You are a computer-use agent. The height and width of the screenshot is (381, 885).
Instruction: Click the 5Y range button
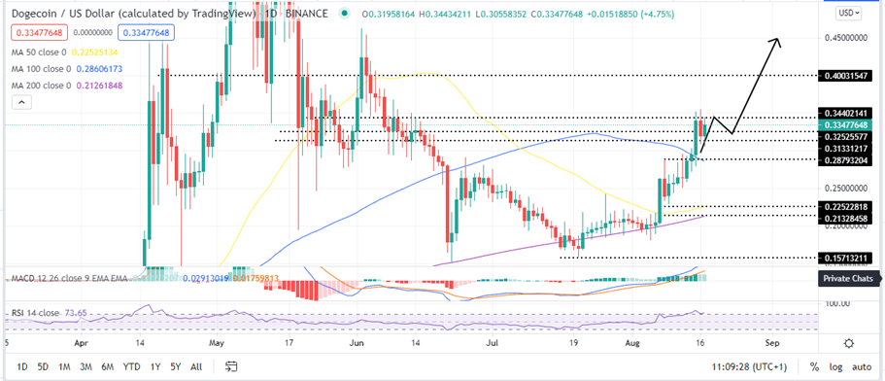tap(175, 366)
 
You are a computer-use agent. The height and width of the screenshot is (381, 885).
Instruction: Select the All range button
tap(196, 366)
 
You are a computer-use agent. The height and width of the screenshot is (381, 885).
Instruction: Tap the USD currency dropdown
tap(848, 14)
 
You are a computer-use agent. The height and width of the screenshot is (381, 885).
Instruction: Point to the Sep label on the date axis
tap(772, 343)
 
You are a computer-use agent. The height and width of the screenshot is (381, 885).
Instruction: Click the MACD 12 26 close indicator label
tap(73, 280)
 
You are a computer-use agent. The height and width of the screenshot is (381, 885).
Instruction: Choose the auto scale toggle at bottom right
tap(862, 366)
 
